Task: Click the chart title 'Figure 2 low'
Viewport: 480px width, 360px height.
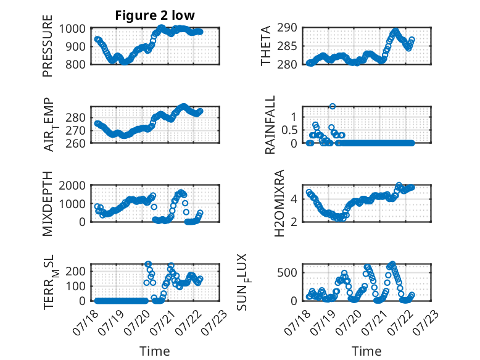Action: click(x=155, y=15)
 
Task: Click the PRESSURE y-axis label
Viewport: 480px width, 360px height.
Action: click(x=48, y=46)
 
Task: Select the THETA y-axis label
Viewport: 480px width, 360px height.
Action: click(x=266, y=46)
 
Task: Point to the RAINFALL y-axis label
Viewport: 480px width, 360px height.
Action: click(x=270, y=125)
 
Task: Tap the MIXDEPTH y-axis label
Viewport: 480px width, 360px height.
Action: click(x=48, y=204)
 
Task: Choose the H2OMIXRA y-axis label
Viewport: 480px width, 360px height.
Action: click(x=279, y=203)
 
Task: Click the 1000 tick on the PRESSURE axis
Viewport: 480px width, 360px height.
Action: click(x=72, y=29)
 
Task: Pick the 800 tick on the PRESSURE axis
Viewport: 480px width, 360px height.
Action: click(x=75, y=65)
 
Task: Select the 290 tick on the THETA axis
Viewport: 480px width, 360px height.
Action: click(x=287, y=28)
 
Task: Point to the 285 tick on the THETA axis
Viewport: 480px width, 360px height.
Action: click(x=287, y=46)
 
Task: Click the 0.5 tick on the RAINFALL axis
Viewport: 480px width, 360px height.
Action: click(x=289, y=130)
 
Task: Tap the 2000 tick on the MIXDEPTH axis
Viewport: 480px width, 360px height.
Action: click(x=72, y=185)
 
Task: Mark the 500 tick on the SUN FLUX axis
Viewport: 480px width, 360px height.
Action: click(x=287, y=272)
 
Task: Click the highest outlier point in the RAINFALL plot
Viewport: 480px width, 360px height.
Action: click(x=333, y=106)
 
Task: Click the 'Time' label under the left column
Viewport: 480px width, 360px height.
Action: click(x=155, y=351)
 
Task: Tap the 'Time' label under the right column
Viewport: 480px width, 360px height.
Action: click(x=366, y=351)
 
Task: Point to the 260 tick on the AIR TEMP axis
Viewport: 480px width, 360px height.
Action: click(x=75, y=143)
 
